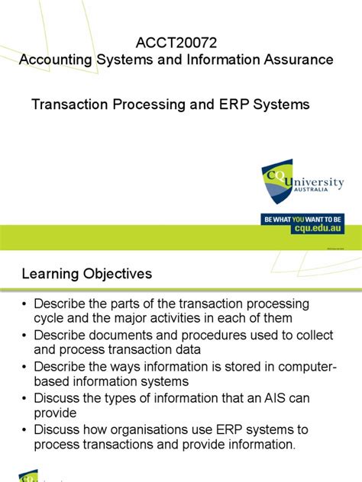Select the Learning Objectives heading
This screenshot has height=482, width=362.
[x=86, y=273]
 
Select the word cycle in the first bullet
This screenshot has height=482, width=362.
[x=52, y=319]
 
